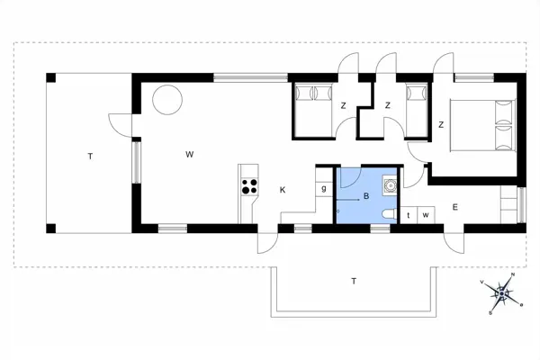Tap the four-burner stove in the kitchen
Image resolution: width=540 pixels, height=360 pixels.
point(248,188)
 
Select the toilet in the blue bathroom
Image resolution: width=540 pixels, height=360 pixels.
point(386,214)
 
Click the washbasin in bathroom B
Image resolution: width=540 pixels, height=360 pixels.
point(391,185)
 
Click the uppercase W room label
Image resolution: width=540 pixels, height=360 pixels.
point(190,155)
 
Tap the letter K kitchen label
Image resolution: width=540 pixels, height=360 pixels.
point(283,189)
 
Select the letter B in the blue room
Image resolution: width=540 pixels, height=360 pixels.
point(366,195)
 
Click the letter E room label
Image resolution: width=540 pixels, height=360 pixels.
point(455,208)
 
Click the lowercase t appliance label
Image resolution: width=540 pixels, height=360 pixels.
point(409,215)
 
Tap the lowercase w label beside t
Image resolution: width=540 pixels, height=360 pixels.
point(425,215)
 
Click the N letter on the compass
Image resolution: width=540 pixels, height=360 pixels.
point(513,274)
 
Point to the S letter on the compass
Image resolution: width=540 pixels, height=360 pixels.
point(490,312)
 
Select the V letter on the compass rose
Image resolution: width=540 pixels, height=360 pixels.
point(484,282)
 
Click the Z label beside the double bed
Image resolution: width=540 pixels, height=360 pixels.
point(442,124)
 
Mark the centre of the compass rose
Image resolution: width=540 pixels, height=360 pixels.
point(503,292)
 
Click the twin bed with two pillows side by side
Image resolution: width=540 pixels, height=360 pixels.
point(314,107)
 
